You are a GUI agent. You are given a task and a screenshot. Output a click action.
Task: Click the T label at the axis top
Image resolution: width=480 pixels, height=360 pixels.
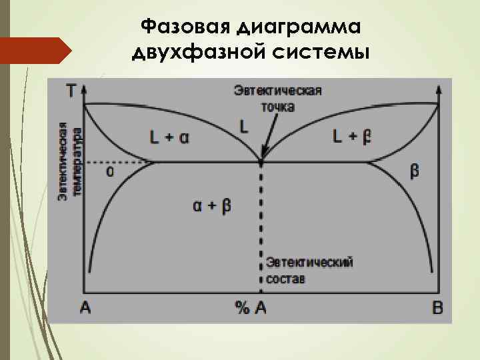[71, 91]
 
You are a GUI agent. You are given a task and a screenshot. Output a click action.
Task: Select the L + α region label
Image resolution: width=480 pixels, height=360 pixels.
[169, 138]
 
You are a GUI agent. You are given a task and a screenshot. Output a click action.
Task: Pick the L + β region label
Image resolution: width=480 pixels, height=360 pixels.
[352, 137]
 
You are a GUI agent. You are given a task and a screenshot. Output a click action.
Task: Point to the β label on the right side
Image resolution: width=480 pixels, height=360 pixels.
[414, 171]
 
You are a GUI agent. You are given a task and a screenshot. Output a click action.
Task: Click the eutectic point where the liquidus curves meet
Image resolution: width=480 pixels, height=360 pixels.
[261, 162]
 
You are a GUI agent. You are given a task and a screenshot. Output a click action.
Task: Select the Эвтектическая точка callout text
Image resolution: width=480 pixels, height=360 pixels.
[277, 98]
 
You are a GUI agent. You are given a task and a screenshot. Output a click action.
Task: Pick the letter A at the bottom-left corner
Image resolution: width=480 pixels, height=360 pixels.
[85, 307]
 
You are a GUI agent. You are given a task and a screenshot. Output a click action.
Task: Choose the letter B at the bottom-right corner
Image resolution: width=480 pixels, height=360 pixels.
[437, 307]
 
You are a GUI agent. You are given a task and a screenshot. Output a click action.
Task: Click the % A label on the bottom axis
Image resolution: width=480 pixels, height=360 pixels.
[251, 307]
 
